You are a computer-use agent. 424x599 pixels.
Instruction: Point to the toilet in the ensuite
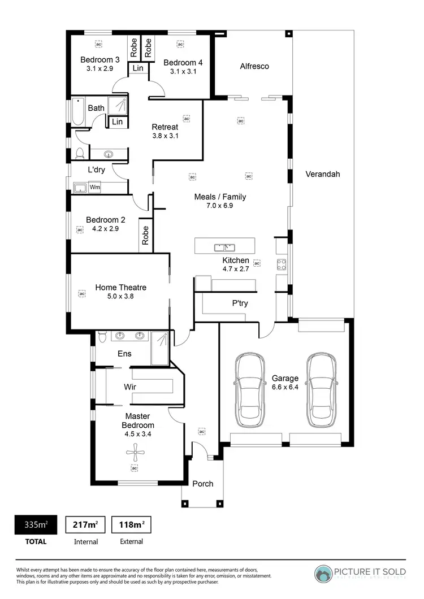tap(102, 337)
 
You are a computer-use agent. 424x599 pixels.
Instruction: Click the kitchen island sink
tap(224, 247)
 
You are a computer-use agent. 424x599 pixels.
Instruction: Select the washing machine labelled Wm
tap(95, 187)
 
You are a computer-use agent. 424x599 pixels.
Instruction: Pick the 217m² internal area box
tap(86, 524)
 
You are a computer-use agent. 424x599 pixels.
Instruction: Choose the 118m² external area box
tap(131, 524)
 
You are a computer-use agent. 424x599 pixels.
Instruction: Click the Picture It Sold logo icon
tap(325, 574)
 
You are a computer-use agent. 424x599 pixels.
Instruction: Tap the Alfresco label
tap(254, 66)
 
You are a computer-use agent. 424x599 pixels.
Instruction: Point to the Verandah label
tap(323, 174)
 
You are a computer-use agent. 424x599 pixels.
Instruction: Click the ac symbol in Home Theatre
tap(81, 294)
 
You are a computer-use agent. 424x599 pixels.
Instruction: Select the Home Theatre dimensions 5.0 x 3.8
tap(120, 296)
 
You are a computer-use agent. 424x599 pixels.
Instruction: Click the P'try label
tap(240, 303)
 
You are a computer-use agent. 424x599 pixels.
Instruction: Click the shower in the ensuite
tap(160, 346)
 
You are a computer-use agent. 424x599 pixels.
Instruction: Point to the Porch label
tap(202, 484)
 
